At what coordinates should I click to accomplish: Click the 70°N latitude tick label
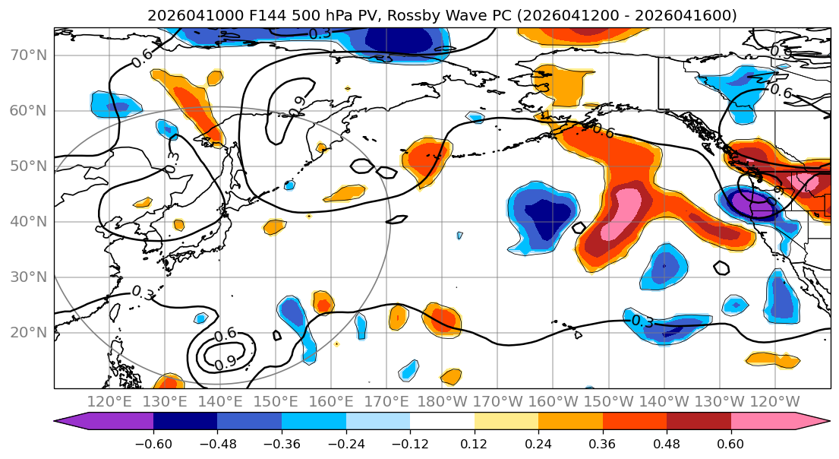29,55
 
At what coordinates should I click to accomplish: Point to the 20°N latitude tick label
29,332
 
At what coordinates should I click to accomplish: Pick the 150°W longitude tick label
609,401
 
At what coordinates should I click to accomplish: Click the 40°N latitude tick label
29,221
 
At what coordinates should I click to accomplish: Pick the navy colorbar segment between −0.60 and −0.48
185,422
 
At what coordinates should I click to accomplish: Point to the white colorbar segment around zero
442,422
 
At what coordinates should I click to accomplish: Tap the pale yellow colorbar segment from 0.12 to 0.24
506,422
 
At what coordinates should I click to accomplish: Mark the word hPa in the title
304,15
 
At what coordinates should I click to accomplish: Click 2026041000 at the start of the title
185,15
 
